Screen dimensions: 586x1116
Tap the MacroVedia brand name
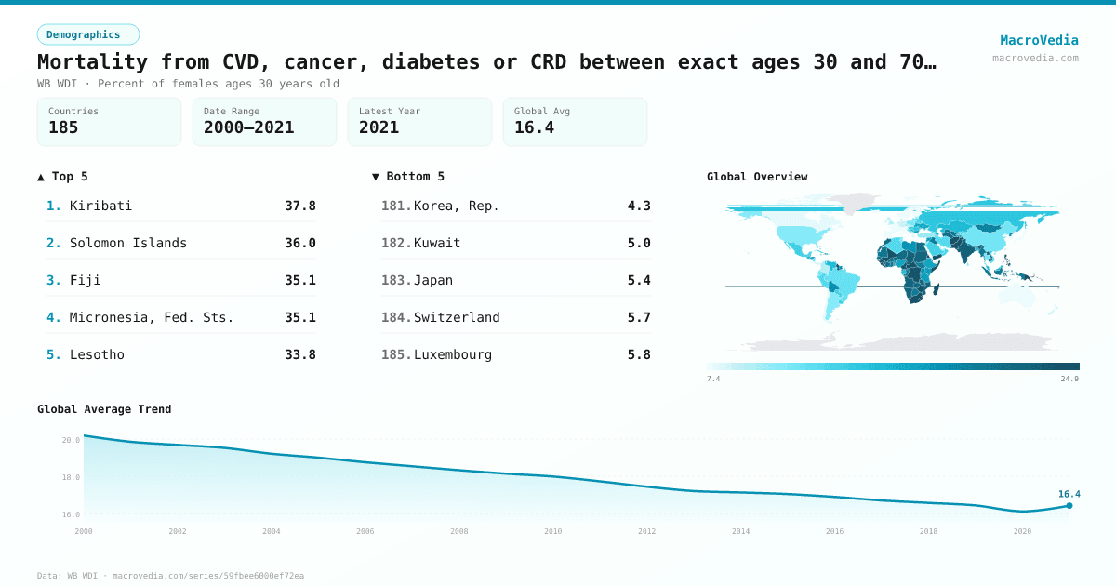click(x=1039, y=40)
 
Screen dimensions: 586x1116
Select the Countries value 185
click(x=63, y=127)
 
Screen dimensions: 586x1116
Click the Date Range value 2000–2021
click(x=248, y=127)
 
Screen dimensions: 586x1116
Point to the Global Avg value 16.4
click(x=534, y=127)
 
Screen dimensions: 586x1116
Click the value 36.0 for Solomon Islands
click(x=299, y=243)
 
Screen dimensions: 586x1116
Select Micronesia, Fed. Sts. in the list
click(x=152, y=317)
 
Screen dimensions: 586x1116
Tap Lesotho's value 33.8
click(x=299, y=354)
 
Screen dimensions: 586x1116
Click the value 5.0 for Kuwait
click(x=639, y=243)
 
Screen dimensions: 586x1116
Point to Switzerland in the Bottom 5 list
click(x=457, y=317)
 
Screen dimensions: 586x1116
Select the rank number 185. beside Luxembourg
click(x=396, y=354)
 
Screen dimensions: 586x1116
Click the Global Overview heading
click(x=757, y=177)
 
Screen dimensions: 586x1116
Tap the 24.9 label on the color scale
click(x=1069, y=379)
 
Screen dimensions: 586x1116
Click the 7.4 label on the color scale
click(x=713, y=379)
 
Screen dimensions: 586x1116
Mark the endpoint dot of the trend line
click(x=1069, y=506)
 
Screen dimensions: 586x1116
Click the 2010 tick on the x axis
click(x=552, y=531)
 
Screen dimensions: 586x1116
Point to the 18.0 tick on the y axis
click(x=71, y=477)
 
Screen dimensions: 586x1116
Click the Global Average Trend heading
click(x=104, y=409)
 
